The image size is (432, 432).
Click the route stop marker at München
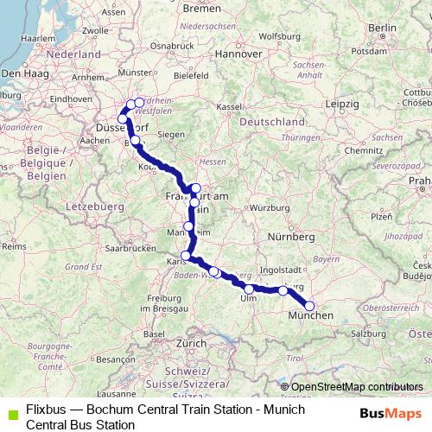click(310, 306)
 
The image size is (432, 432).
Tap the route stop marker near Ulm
click(249, 289)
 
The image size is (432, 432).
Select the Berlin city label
click(381, 29)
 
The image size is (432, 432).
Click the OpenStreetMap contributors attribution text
click(357, 387)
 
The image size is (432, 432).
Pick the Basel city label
click(154, 334)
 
